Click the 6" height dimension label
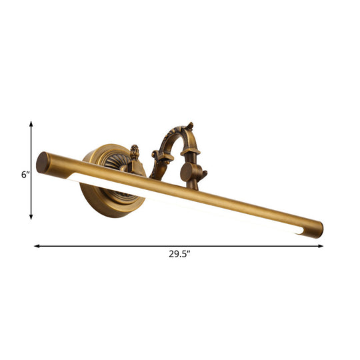(25, 175)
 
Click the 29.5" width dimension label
(179, 253)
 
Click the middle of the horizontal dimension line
(179, 246)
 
